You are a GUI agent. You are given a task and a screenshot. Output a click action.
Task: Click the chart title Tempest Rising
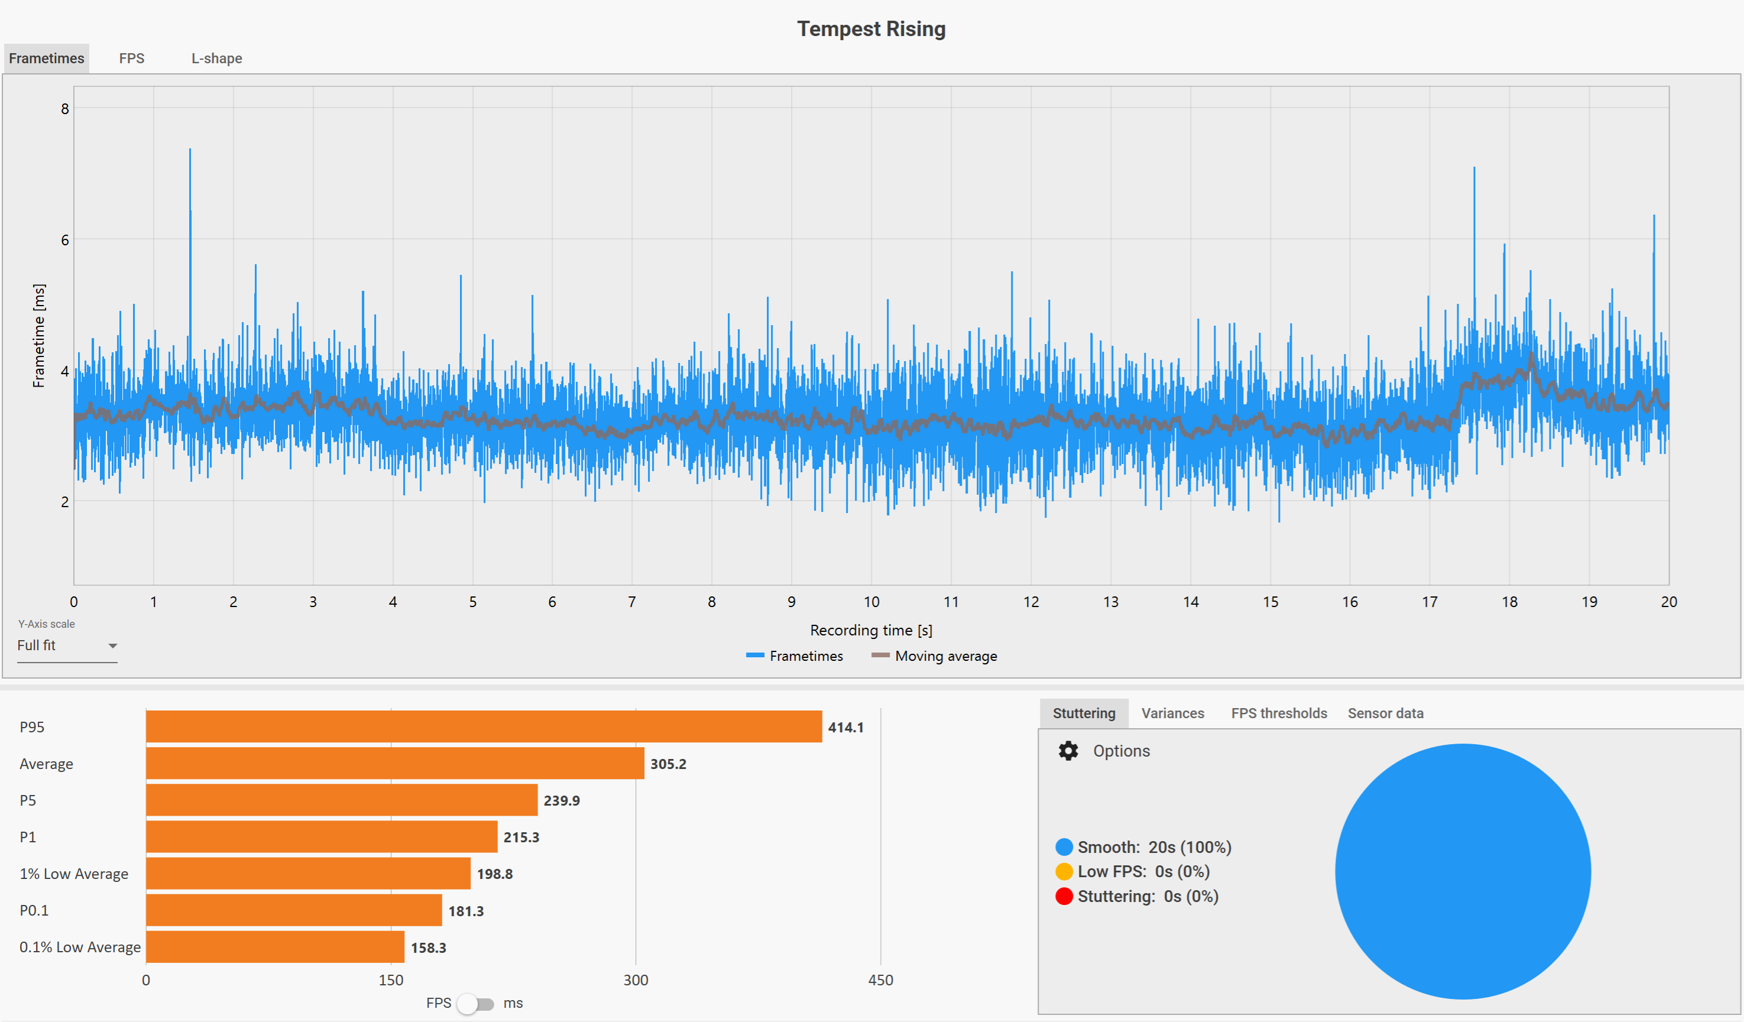pos(871,29)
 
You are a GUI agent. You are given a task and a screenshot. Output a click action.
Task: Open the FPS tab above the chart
pos(132,59)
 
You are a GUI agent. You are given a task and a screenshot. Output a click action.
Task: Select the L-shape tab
pos(216,59)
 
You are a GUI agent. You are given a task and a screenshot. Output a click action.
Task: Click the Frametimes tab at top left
pos(47,59)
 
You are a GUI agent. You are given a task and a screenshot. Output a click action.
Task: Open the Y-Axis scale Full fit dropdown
pos(67,645)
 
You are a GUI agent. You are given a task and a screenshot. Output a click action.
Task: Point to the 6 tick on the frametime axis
pos(65,240)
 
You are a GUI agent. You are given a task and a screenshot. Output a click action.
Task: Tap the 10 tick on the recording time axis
pos(871,602)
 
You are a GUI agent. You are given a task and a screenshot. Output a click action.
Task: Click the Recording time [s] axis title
pos(871,630)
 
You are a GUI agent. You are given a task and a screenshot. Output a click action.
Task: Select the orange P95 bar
pos(483,726)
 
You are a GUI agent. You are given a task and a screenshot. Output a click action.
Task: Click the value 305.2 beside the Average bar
pos(667,764)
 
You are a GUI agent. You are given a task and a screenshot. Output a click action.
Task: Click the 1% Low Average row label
pos(73,874)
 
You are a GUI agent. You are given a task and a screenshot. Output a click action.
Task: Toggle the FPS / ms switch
pos(475,1003)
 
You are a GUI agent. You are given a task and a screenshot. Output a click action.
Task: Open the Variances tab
pos(1172,713)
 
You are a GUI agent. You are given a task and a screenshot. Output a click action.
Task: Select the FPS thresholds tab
pos(1278,713)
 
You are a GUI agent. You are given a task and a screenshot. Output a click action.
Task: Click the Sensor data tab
pos(1385,713)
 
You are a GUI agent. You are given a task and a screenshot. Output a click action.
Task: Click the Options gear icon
pos(1068,751)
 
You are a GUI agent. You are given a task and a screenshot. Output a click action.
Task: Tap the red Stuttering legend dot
pos(1064,897)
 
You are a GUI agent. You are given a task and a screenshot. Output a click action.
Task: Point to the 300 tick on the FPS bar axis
pos(635,979)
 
